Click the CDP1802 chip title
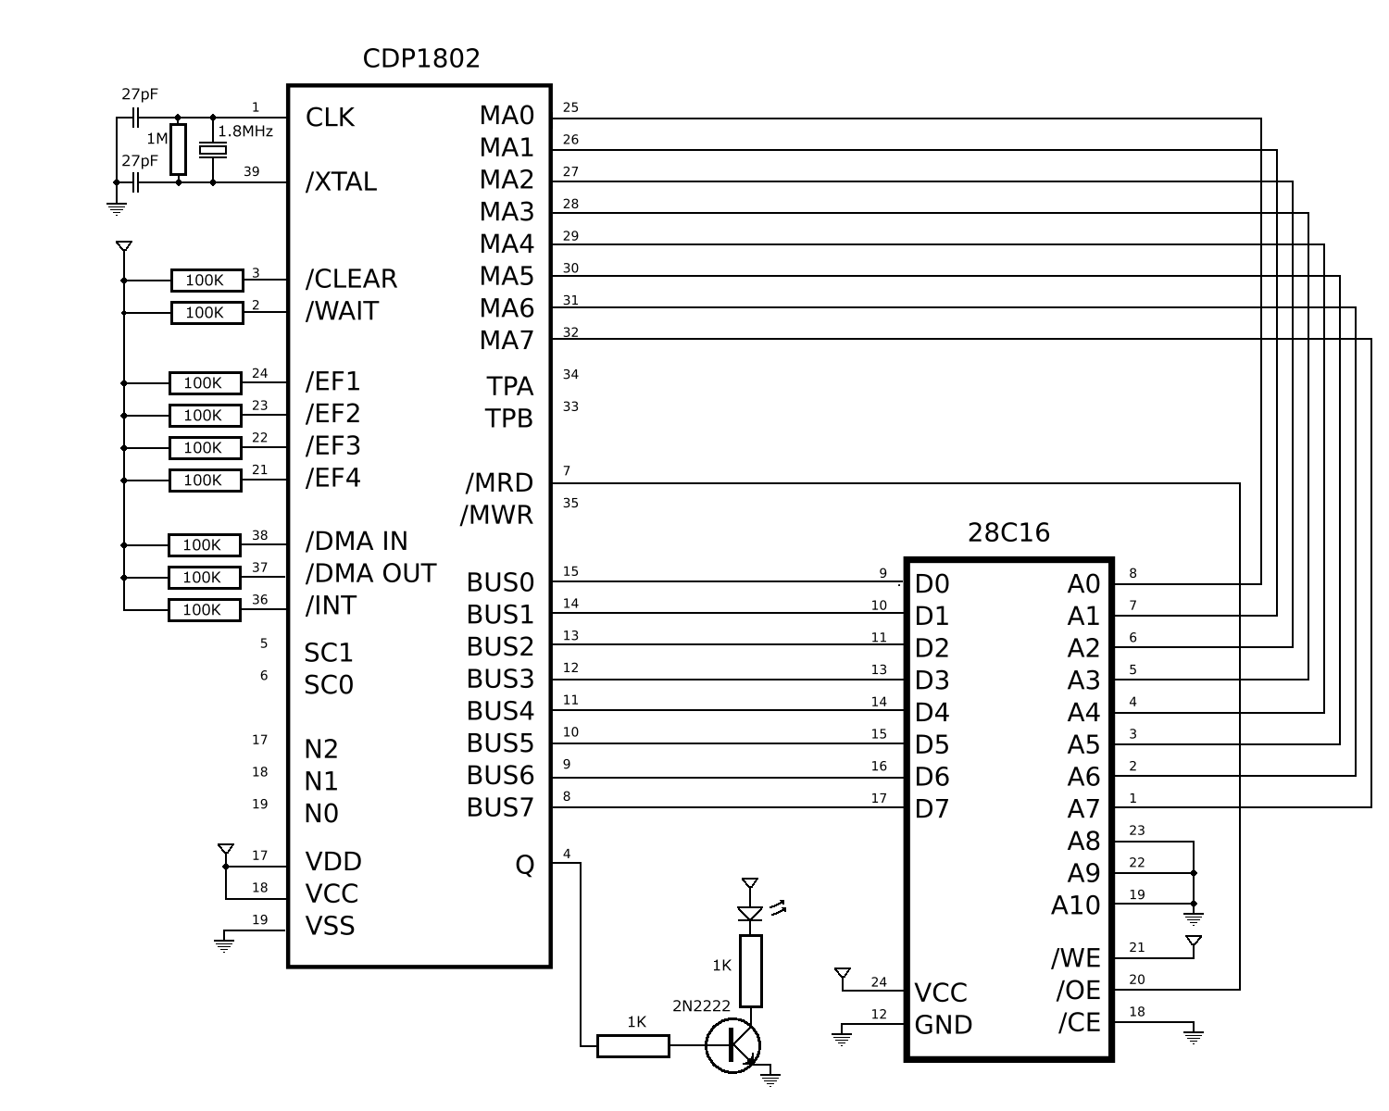click(x=421, y=59)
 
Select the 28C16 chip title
click(x=1008, y=532)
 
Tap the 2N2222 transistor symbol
click(x=733, y=1045)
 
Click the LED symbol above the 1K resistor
click(x=750, y=913)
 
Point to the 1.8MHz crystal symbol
click(x=214, y=150)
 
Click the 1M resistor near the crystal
click(x=178, y=149)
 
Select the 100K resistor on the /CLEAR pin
click(x=206, y=281)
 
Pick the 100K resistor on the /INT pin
click(x=204, y=610)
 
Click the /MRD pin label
click(x=499, y=483)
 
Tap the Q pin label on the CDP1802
click(x=524, y=865)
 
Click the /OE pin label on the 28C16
click(x=1078, y=991)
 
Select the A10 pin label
click(x=1075, y=905)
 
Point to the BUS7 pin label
click(x=500, y=808)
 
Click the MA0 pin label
click(x=507, y=116)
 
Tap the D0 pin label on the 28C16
click(x=932, y=584)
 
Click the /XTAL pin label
click(x=341, y=182)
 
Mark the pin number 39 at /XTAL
click(x=251, y=171)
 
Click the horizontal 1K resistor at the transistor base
click(x=633, y=1046)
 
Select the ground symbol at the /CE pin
click(x=1194, y=1034)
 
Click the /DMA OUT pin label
click(x=370, y=574)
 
